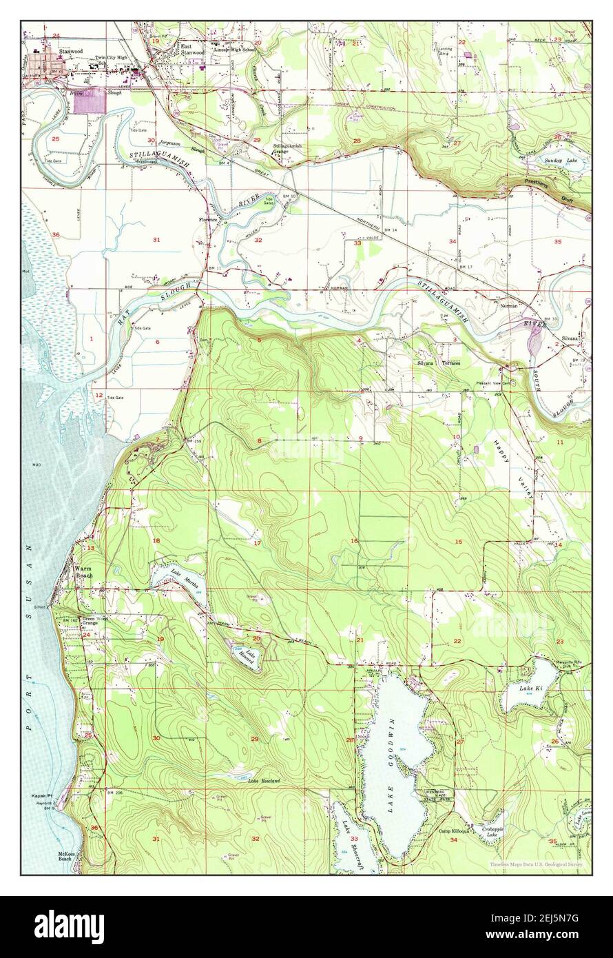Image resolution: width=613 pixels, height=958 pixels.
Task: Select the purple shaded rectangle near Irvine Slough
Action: [90, 101]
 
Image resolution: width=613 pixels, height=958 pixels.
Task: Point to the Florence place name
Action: [208, 220]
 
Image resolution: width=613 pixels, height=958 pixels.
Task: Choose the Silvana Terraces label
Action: [438, 363]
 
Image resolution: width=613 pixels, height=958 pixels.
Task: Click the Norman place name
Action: [508, 305]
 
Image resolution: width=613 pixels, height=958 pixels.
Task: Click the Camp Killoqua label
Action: [454, 831]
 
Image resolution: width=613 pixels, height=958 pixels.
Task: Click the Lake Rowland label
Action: [264, 781]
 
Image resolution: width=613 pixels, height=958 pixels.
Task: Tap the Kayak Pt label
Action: [42, 796]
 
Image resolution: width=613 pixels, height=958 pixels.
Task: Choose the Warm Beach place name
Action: [83, 572]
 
